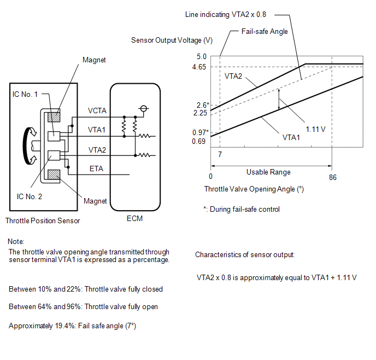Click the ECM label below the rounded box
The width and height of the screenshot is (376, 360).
134,218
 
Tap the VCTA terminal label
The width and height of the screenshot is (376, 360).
97,111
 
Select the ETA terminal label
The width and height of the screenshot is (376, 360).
96,169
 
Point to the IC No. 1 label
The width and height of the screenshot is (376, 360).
25,94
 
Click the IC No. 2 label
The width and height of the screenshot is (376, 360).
30,196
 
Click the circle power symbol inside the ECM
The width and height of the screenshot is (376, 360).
143,108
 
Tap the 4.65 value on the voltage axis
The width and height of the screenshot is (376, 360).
199,67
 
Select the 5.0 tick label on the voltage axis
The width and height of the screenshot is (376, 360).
202,57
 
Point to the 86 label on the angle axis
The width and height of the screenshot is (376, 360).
333,177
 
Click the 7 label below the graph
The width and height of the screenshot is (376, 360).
220,154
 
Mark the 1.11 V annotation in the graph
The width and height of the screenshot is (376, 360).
315,129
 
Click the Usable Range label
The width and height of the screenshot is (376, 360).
268,172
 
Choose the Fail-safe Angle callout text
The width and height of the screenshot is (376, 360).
265,31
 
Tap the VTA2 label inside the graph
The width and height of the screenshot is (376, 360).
233,76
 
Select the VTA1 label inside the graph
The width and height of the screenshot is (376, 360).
291,137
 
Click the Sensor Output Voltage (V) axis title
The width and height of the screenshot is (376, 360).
172,40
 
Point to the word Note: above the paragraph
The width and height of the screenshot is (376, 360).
16,241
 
